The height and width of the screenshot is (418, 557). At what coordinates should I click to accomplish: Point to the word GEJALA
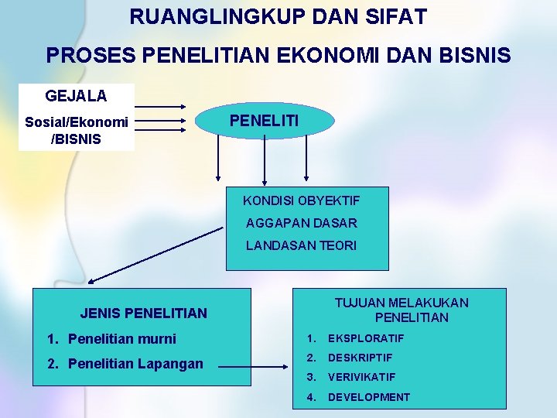click(x=76, y=96)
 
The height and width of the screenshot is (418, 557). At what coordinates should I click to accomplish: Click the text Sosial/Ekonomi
click(x=77, y=122)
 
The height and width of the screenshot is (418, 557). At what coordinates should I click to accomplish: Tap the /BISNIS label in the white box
click(x=76, y=139)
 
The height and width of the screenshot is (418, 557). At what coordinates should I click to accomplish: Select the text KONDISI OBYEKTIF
click(x=301, y=200)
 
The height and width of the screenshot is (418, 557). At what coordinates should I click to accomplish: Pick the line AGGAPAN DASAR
click(x=301, y=223)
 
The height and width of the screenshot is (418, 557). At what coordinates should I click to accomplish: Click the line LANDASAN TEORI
click(x=301, y=245)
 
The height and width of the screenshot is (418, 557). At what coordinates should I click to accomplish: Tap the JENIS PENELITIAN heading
click(x=144, y=313)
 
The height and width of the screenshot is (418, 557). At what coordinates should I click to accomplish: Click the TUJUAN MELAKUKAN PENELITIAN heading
click(x=401, y=310)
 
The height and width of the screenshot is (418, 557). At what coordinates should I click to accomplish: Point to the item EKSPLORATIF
click(x=366, y=338)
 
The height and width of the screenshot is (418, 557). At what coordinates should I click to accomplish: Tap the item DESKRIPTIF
click(x=360, y=358)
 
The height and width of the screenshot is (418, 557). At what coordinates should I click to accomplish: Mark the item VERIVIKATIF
click(x=361, y=377)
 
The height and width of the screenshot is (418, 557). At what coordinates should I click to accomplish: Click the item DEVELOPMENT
click(x=369, y=397)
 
